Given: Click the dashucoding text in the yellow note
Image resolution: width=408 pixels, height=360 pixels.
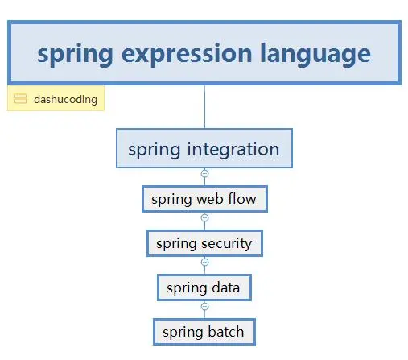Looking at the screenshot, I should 65,100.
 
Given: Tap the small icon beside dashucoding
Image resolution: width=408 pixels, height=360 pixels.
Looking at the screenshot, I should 21,100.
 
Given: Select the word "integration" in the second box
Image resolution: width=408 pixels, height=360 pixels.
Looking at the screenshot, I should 233,149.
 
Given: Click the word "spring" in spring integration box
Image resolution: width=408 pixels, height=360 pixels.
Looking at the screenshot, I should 155,149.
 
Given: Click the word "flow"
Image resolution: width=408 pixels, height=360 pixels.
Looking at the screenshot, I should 242,199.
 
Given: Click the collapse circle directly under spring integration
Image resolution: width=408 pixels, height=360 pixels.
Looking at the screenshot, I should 204,173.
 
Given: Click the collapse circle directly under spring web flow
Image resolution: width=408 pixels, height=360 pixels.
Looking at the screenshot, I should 204,217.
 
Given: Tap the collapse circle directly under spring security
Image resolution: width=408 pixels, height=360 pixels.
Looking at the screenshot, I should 204,262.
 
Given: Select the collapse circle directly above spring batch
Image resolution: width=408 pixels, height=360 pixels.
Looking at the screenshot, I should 204,306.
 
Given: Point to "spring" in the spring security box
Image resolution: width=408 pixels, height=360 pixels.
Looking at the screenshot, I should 176,242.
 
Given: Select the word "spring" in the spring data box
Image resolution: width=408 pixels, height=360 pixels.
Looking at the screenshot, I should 187,287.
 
